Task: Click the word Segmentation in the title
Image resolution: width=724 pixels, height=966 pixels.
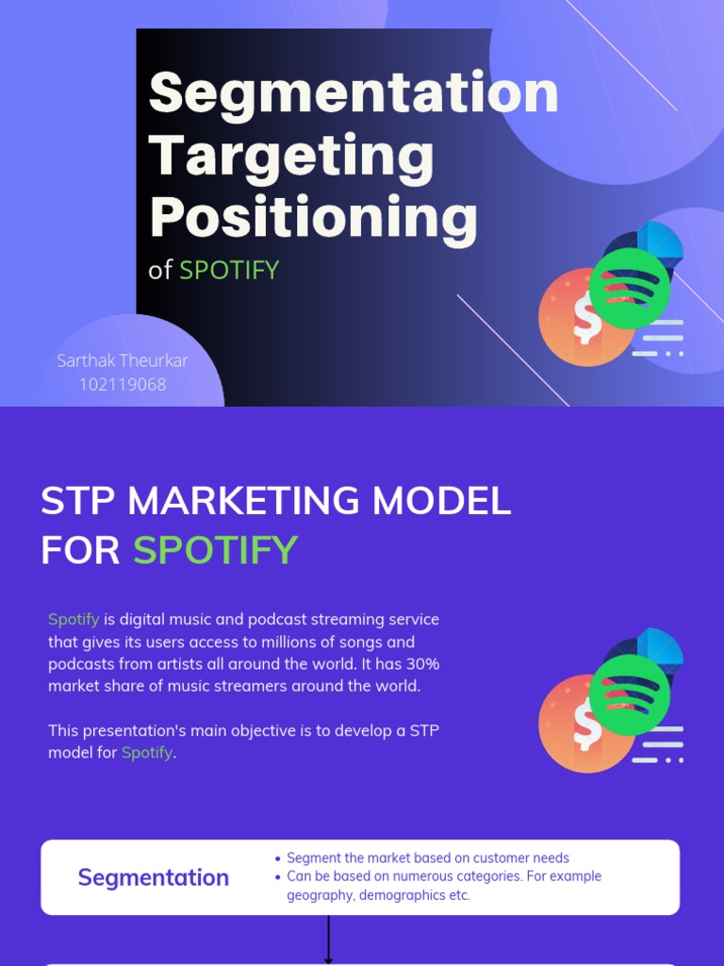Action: click(354, 93)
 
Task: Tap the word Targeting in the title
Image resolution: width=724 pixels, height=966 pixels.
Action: click(291, 157)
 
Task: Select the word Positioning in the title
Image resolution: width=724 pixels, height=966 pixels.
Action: click(313, 217)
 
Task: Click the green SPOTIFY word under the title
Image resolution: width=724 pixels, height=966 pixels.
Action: click(229, 270)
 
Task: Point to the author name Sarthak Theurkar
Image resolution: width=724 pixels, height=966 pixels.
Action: click(123, 360)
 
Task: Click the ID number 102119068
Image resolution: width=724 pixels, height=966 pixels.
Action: click(123, 384)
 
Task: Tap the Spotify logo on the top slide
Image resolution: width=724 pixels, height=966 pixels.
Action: click(629, 288)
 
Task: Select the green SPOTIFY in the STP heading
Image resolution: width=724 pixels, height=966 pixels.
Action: click(215, 550)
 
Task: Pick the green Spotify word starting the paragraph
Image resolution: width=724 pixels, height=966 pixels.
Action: click(74, 620)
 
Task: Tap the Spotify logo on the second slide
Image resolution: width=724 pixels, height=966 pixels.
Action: click(629, 695)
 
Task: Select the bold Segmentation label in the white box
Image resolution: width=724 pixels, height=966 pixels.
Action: click(153, 877)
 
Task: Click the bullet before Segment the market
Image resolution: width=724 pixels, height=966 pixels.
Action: click(277, 858)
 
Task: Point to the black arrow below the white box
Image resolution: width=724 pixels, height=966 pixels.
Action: click(329, 940)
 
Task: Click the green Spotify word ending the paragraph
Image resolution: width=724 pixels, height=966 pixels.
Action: click(147, 753)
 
